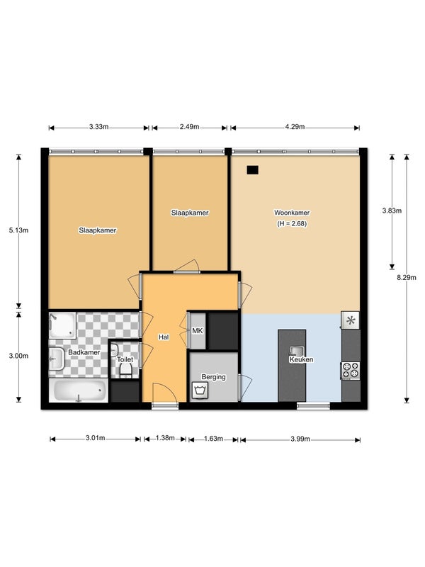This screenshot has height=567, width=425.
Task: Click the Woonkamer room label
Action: [x=292, y=213]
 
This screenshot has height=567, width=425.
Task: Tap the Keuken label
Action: [x=301, y=359]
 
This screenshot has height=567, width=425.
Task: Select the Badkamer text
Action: [x=84, y=352]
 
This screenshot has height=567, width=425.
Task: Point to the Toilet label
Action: [x=125, y=359]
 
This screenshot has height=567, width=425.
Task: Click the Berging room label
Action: [x=214, y=377]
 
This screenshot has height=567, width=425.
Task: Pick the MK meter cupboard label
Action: [x=198, y=330]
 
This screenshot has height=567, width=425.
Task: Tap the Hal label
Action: [x=164, y=337]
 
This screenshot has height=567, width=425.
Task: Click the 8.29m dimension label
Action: [x=407, y=278]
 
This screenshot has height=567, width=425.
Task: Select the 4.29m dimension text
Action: [x=295, y=127]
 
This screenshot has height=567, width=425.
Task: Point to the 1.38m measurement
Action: [x=165, y=438]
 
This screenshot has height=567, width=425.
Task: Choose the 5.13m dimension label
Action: [x=19, y=230]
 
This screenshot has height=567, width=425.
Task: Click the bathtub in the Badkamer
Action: [x=79, y=391]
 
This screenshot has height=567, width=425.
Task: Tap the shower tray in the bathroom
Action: [x=62, y=325]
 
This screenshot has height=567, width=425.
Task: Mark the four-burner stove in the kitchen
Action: [x=351, y=370]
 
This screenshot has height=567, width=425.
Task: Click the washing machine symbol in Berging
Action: [x=200, y=391]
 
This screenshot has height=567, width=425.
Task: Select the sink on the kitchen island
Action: [x=297, y=351]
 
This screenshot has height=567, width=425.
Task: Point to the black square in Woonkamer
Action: [x=253, y=170]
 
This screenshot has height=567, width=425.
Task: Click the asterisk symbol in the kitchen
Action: [x=351, y=320]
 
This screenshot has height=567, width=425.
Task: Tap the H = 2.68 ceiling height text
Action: [x=292, y=224]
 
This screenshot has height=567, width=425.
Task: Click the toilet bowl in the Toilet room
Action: [x=125, y=370]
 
